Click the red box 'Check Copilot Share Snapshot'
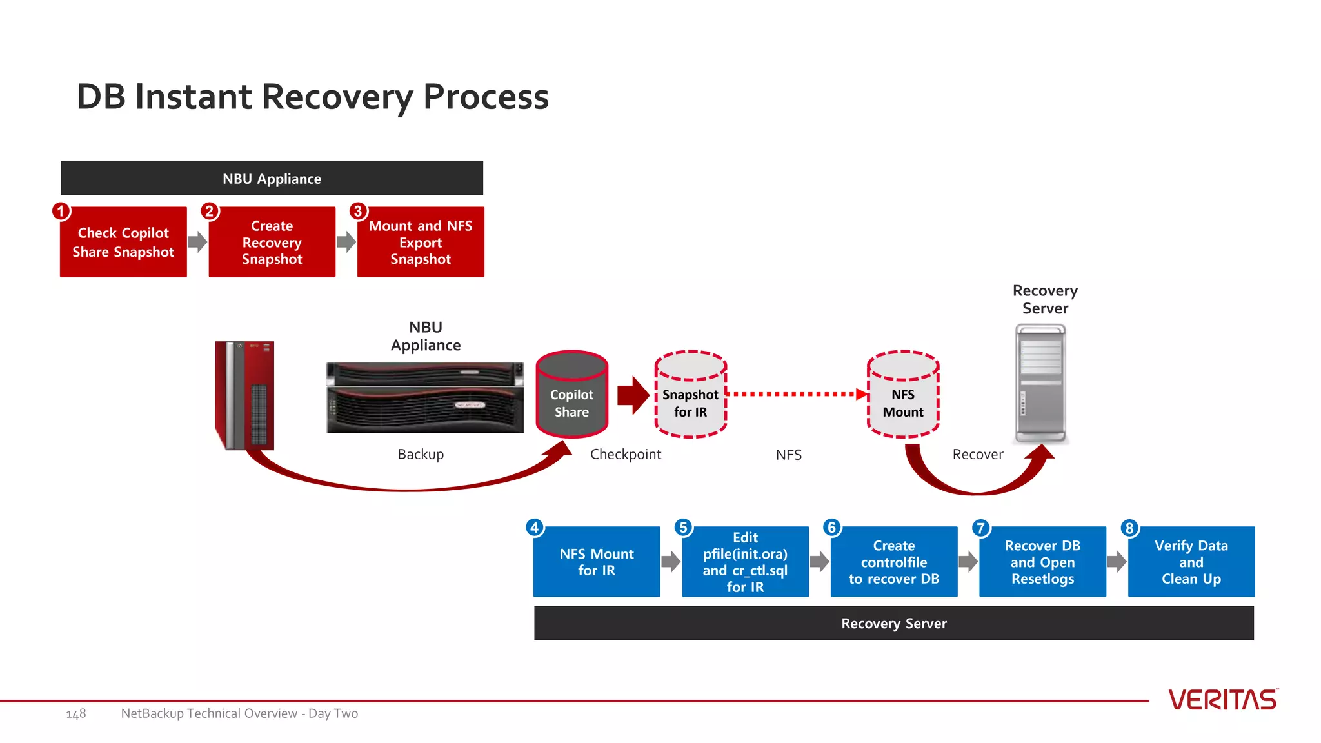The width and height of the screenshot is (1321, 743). (x=123, y=243)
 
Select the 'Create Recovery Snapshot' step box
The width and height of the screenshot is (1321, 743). (x=272, y=243)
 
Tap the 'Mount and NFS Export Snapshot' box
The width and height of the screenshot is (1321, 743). (x=421, y=243)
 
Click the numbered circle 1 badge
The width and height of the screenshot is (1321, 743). (x=61, y=211)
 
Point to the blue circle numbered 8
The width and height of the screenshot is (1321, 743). (x=1129, y=528)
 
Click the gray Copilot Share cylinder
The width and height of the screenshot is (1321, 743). (x=571, y=395)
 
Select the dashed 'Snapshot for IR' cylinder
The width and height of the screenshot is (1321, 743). (x=690, y=395)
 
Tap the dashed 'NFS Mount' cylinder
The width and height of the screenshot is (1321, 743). (x=903, y=395)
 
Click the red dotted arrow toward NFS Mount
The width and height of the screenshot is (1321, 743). (x=797, y=394)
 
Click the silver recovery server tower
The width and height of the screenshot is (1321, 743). (x=1040, y=384)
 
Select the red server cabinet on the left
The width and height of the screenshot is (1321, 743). (x=244, y=395)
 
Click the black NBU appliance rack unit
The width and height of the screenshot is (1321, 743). (x=424, y=397)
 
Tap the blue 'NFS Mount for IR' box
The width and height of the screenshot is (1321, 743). (x=597, y=562)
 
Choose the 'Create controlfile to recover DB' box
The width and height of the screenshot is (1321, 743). (x=893, y=562)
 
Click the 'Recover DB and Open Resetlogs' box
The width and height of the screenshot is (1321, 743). (x=1042, y=562)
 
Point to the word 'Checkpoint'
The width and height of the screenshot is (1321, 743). (x=625, y=454)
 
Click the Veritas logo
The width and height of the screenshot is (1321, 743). (x=1222, y=700)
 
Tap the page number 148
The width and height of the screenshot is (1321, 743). (x=76, y=714)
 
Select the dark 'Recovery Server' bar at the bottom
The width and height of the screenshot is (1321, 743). (x=893, y=623)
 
